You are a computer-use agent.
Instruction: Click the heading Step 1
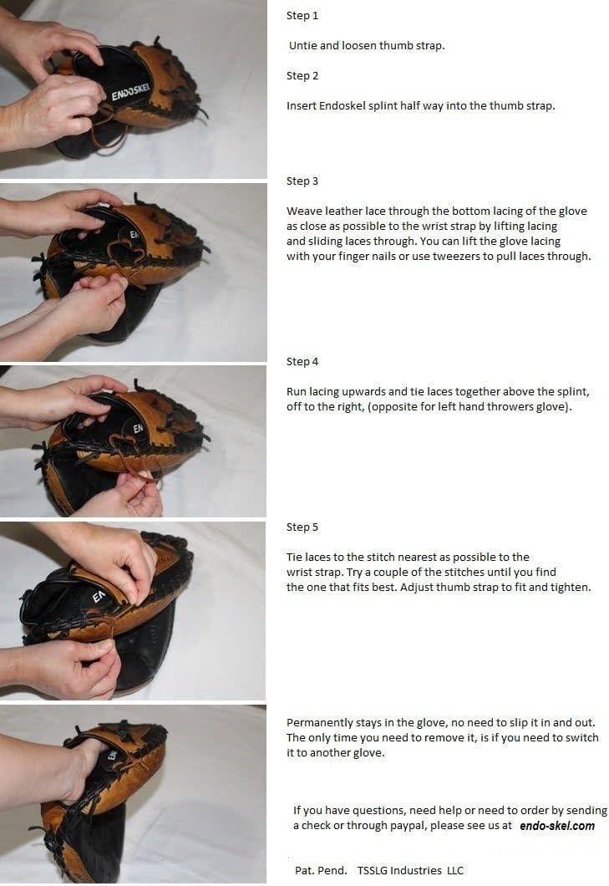pos(302,16)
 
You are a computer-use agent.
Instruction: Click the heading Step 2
pos(302,76)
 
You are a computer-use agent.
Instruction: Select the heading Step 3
pos(302,181)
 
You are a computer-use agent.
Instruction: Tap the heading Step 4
pos(302,362)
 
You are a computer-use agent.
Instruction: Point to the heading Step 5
pos(302,527)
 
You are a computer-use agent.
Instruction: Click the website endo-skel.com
pos(557,826)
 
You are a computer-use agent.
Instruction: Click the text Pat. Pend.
pos(321,871)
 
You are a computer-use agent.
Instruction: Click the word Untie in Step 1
pos(302,46)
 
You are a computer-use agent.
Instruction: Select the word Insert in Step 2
pos(301,106)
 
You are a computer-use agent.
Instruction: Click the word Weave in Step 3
pos(303,211)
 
